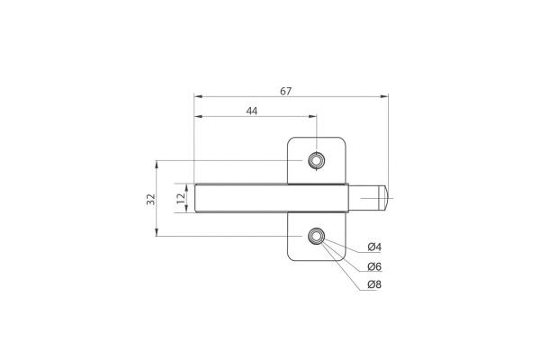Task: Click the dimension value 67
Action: (x=285, y=91)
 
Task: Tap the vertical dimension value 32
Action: (x=150, y=198)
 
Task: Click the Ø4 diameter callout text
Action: (x=374, y=247)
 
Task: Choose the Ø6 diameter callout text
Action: (x=374, y=267)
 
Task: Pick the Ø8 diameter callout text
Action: (x=374, y=286)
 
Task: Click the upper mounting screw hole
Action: (x=315, y=161)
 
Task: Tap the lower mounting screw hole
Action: (x=315, y=236)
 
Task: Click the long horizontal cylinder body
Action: (x=270, y=198)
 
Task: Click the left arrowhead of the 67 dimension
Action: (x=198, y=97)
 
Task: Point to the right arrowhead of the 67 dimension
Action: (x=384, y=97)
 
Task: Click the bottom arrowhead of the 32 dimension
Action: (x=157, y=232)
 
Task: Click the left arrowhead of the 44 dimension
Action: (x=198, y=116)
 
